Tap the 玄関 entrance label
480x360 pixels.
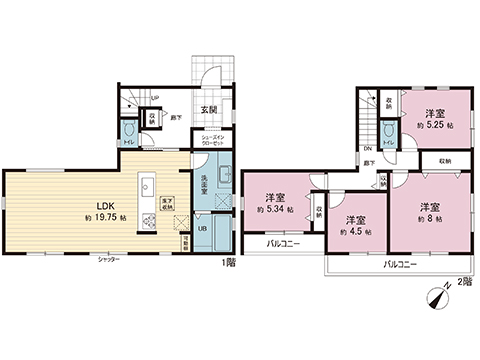point(209,110)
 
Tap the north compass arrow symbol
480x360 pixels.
point(436,297)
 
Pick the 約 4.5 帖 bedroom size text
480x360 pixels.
point(355,231)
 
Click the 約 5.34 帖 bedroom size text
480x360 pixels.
point(275,211)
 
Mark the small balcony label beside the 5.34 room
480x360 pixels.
point(285,243)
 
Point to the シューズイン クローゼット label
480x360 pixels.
point(213,141)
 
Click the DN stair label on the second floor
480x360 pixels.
point(368,150)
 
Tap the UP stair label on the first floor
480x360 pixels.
point(153,97)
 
